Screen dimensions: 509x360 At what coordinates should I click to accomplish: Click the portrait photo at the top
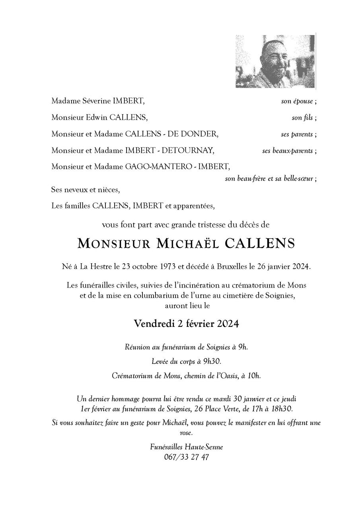click(x=275, y=61)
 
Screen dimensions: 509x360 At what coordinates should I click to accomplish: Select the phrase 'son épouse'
click(x=297, y=101)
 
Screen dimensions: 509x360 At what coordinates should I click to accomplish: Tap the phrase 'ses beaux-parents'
click(x=288, y=151)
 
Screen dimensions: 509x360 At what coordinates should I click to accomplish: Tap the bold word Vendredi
click(x=154, y=324)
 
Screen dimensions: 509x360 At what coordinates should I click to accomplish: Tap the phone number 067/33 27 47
click(x=186, y=457)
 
